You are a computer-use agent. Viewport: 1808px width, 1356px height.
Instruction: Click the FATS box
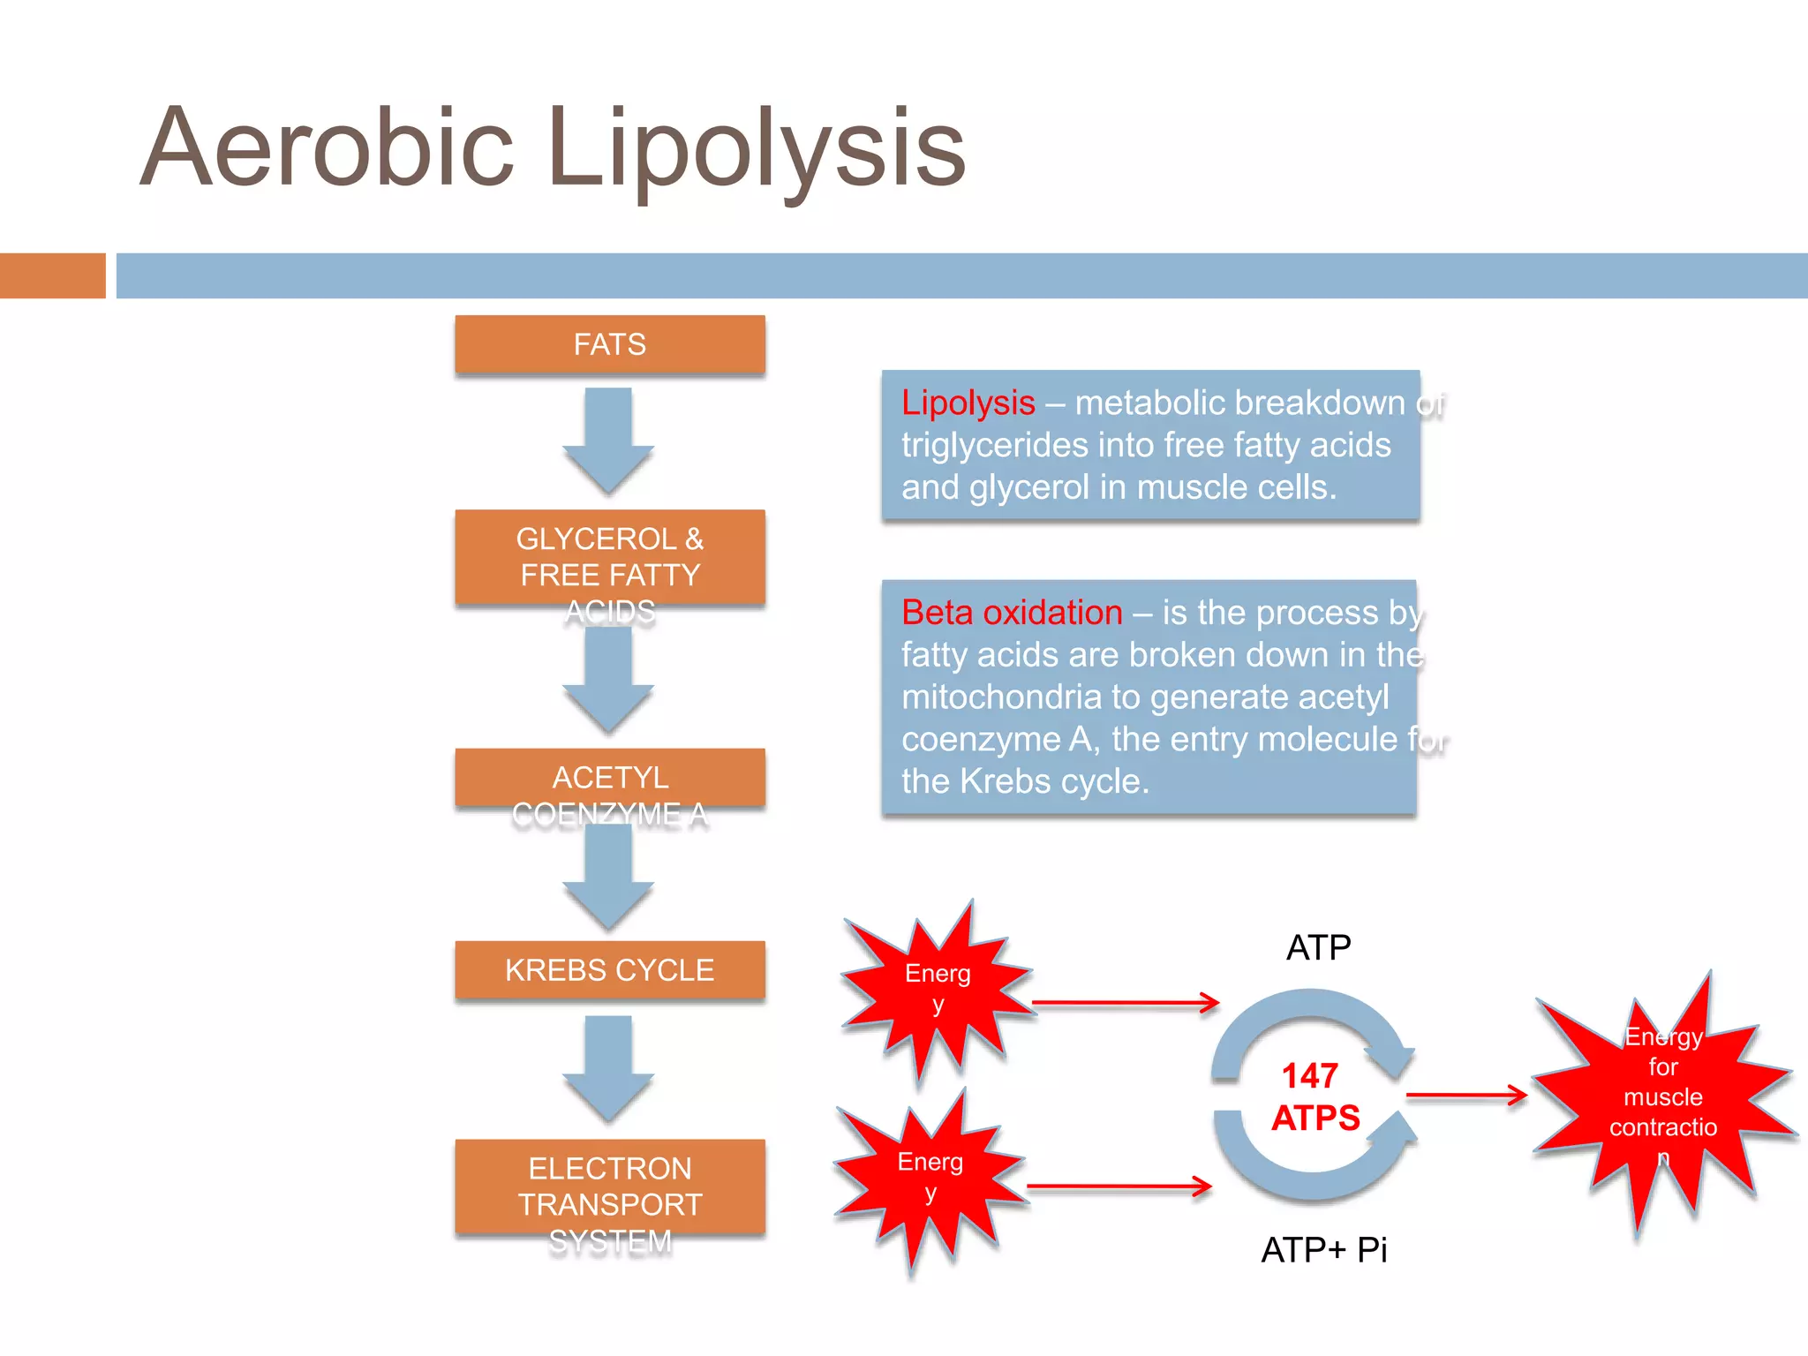tap(609, 344)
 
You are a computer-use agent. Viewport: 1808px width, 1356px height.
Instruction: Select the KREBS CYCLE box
tap(609, 969)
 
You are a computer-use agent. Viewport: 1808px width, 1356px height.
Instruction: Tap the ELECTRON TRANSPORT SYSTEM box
tap(609, 1187)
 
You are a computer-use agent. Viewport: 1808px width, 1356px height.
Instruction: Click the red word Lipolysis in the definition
tap(968, 403)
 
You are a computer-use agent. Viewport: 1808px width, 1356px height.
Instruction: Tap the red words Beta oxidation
tap(1012, 613)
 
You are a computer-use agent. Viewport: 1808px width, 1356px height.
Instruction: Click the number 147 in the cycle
tap(1310, 1076)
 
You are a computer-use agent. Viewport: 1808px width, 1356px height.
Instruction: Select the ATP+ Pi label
tap(1323, 1250)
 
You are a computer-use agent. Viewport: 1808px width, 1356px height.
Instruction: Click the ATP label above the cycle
tap(1318, 947)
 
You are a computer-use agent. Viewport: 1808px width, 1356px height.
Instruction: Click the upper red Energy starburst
tap(938, 989)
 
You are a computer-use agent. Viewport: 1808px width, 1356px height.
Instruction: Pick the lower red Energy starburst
tap(930, 1177)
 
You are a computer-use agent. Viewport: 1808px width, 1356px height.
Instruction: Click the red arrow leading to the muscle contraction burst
tap(1465, 1096)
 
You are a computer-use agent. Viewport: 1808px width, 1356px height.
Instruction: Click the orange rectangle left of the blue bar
tap(52, 275)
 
